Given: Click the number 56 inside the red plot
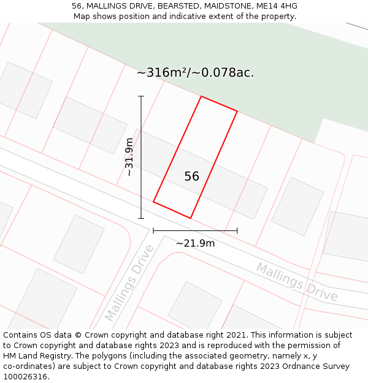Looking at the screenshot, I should (191, 176).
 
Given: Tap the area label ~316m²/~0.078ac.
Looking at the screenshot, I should (195, 73).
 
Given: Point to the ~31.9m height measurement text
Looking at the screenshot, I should (129, 157).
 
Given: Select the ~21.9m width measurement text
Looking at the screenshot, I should (195, 243).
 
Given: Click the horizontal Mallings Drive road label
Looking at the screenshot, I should (297, 282).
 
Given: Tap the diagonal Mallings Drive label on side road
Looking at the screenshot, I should (128, 283).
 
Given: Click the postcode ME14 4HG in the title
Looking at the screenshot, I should (277, 6).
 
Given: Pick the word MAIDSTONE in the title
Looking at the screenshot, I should (234, 6).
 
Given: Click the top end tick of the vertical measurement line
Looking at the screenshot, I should (141, 96).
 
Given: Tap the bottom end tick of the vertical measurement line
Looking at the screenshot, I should (141, 218).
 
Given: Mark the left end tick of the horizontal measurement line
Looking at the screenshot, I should (153, 230).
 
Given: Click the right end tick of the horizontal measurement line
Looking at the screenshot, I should (237, 230).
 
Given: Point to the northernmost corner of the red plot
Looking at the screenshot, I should (201, 96).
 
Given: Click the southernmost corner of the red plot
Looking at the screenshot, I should (190, 218).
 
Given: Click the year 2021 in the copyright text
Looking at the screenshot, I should (237, 335).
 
